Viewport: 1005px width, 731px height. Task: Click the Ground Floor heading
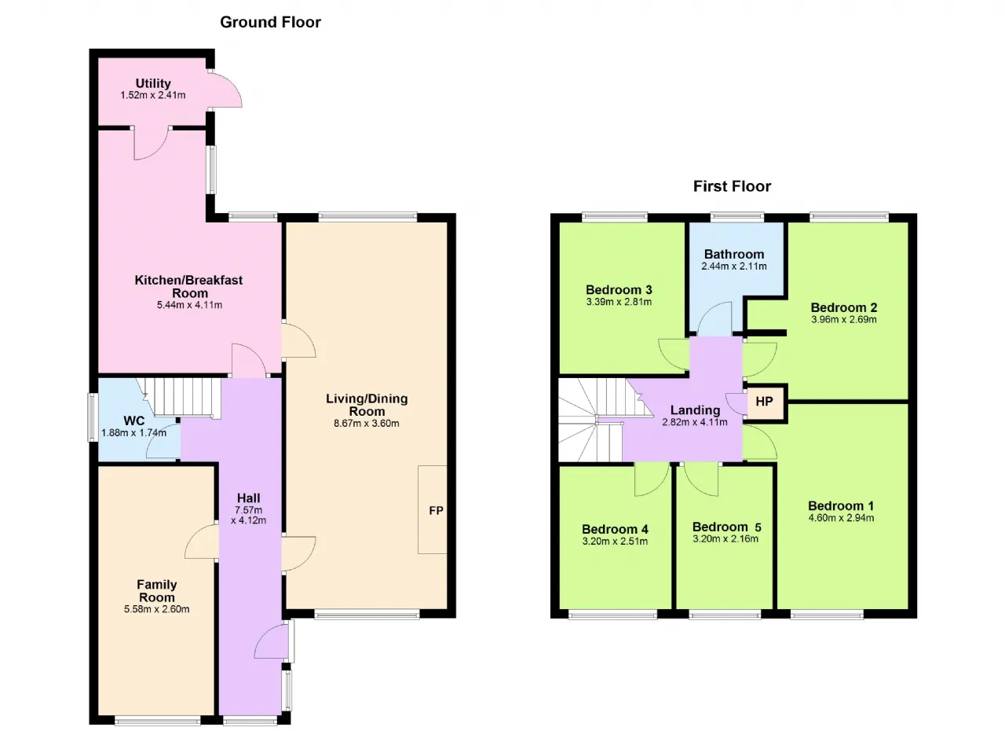(270, 23)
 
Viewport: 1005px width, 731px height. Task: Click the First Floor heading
(732, 186)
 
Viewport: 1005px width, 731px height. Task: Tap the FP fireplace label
(436, 511)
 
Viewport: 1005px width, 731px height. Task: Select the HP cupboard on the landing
(764, 402)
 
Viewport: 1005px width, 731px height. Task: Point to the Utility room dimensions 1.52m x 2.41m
(152, 95)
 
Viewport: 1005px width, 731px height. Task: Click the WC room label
(133, 421)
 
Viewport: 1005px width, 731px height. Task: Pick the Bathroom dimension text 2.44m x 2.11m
(734, 266)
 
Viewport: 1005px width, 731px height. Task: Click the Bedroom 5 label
(726, 527)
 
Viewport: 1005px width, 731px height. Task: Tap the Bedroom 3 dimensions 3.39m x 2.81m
(619, 302)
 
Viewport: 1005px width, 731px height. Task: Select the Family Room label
(156, 591)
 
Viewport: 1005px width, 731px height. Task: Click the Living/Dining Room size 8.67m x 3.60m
(366, 424)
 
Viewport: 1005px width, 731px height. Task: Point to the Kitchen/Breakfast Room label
(189, 286)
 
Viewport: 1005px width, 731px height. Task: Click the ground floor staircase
(184, 398)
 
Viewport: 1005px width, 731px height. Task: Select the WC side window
(93, 417)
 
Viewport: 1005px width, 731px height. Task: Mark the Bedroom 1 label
(841, 506)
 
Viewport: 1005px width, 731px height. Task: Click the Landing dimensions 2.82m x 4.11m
(695, 422)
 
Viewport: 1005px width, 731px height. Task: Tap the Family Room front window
(158, 721)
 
